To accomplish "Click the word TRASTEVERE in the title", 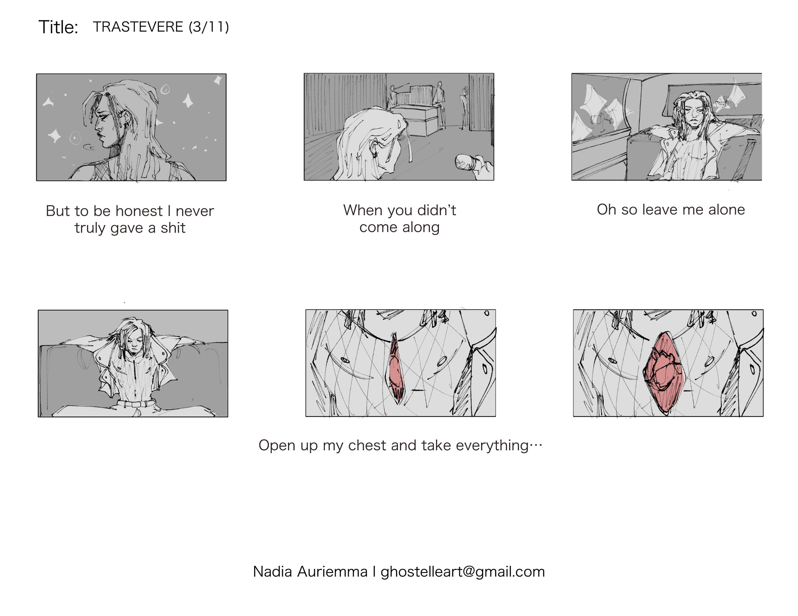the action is point(138,27).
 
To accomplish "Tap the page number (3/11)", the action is point(209,27).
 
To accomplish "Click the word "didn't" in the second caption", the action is point(437,210).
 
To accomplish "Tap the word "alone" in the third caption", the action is point(726,209).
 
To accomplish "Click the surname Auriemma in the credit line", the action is point(332,571).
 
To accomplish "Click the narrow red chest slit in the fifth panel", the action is point(396,369).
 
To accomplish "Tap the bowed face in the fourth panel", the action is point(134,343).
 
